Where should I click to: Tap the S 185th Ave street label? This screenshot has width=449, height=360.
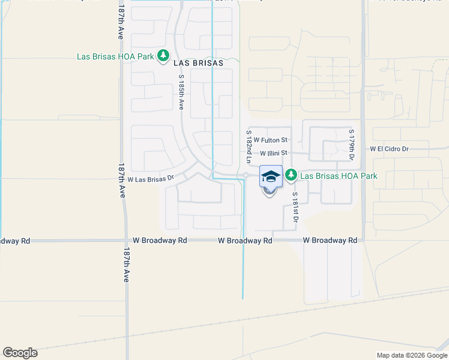click(x=181, y=92)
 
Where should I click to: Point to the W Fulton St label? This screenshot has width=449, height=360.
click(x=271, y=140)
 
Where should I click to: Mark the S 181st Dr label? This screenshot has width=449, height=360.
click(x=295, y=207)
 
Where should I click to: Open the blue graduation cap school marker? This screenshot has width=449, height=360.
click(x=271, y=176)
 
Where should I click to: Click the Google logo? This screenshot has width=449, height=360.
click(x=20, y=353)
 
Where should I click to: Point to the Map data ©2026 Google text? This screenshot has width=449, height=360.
click(x=411, y=355)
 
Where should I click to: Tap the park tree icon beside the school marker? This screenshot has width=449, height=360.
click(x=291, y=175)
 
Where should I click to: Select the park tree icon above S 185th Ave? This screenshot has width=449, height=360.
click(x=163, y=56)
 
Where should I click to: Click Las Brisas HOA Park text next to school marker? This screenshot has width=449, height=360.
click(x=339, y=176)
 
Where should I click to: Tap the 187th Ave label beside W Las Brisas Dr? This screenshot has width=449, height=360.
click(x=122, y=181)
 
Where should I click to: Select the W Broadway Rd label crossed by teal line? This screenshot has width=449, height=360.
click(x=245, y=240)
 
